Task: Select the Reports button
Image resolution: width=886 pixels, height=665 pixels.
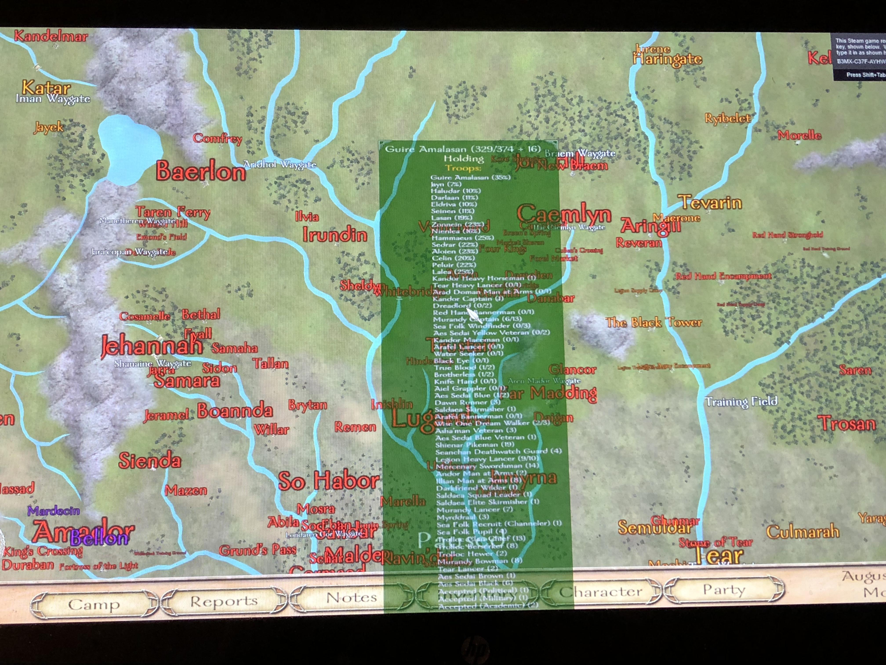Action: [x=223, y=601]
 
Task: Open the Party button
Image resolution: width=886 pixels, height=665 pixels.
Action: [x=724, y=589]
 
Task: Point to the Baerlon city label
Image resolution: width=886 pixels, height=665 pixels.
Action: [x=200, y=171]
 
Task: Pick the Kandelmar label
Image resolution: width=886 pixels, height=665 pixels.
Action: [x=51, y=37]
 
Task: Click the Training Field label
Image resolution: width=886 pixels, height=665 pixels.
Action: [x=741, y=401]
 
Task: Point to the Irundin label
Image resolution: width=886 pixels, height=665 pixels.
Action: [x=334, y=234]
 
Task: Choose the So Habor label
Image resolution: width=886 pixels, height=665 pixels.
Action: [x=329, y=481]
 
